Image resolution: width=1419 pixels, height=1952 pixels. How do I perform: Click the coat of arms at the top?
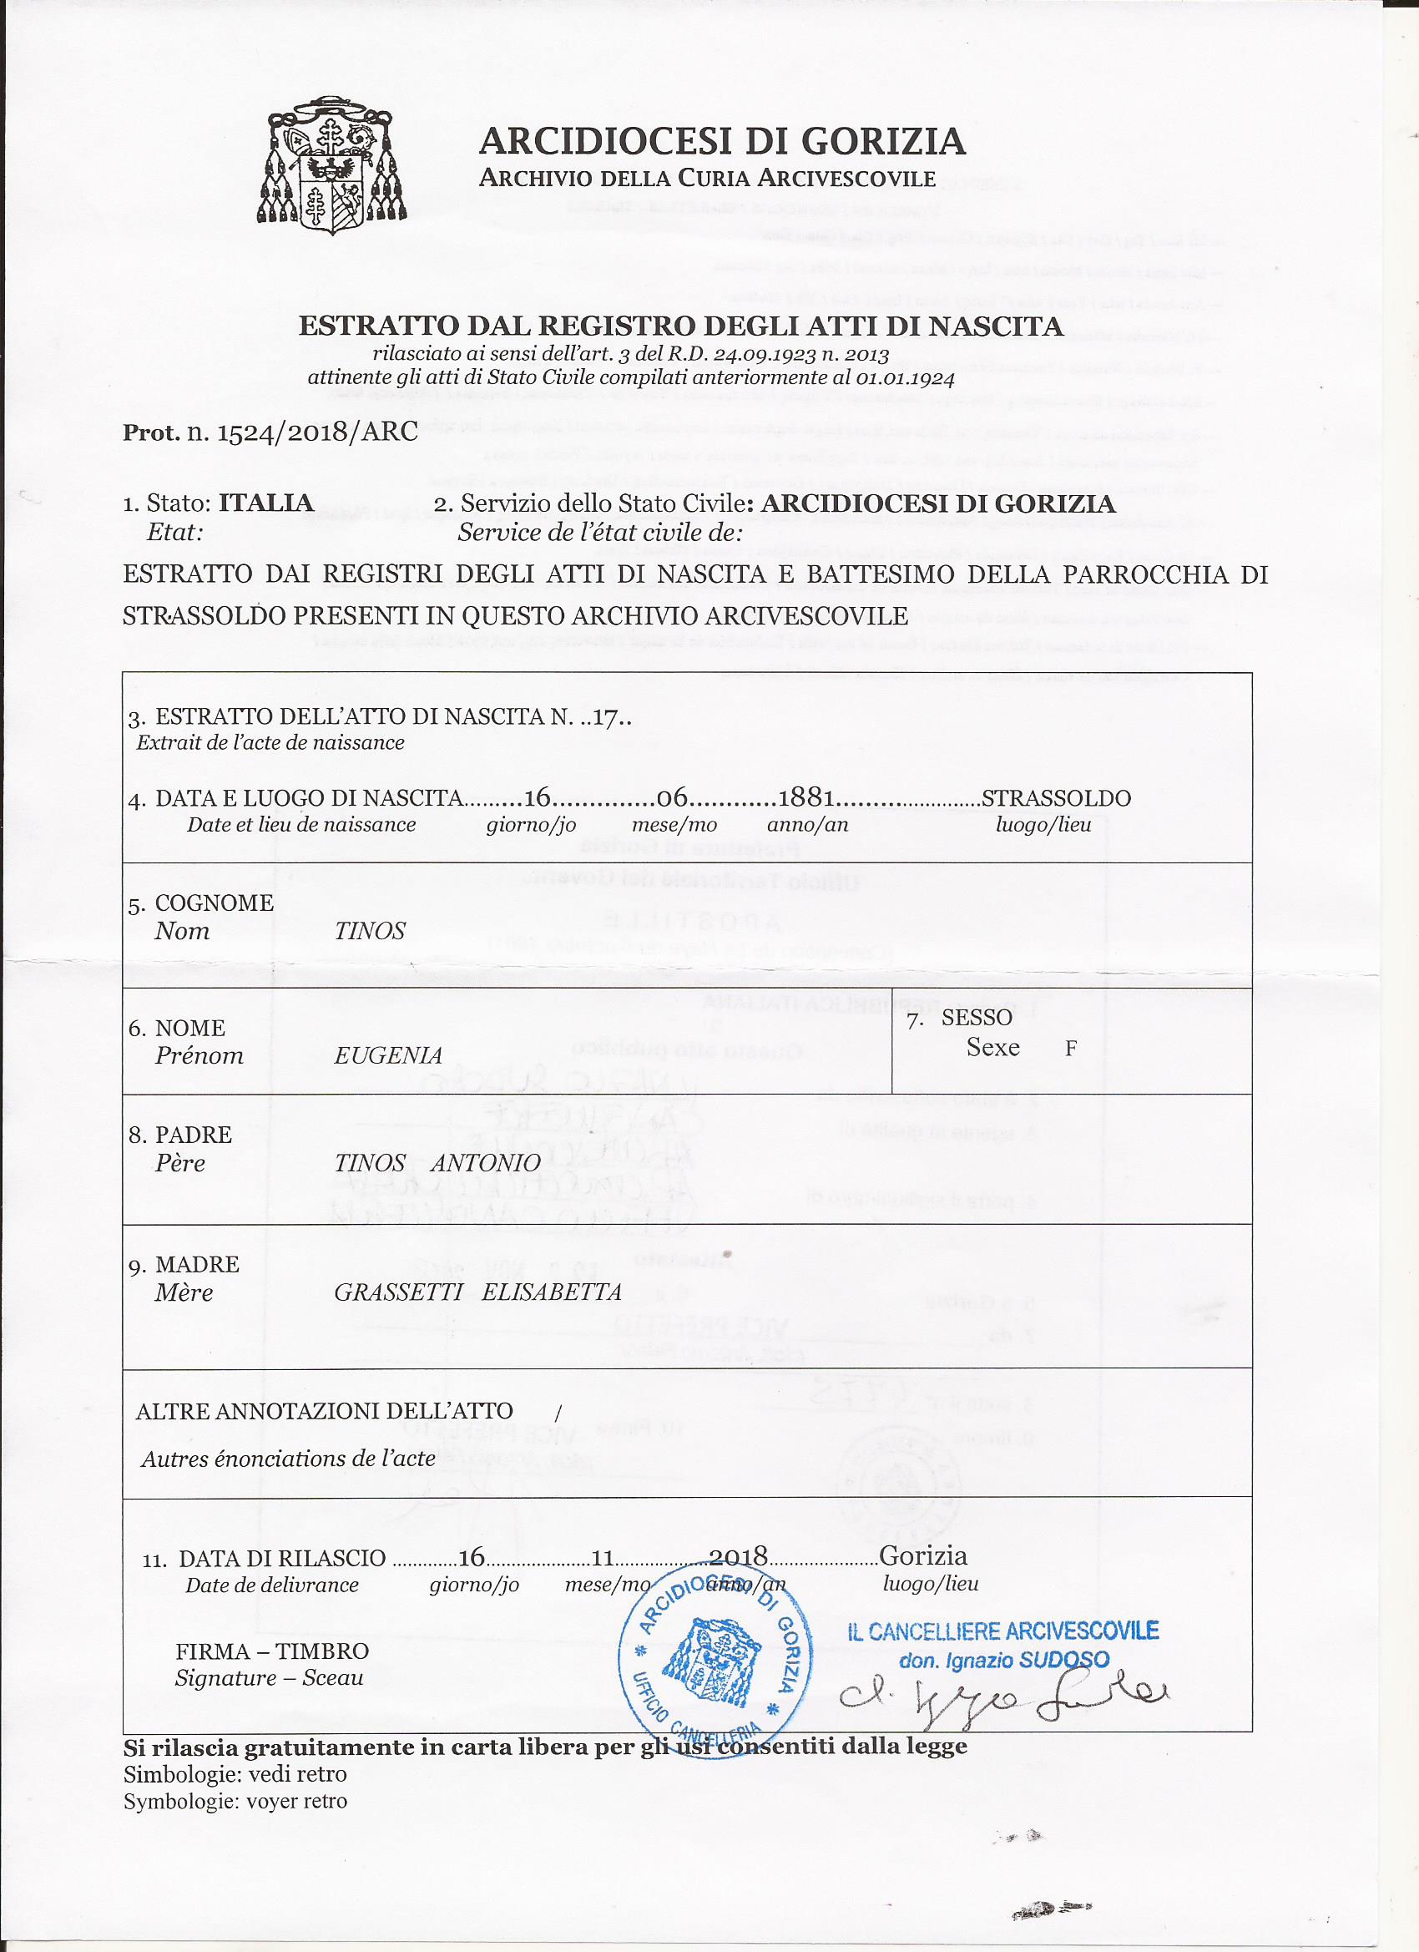pyautogui.click(x=333, y=164)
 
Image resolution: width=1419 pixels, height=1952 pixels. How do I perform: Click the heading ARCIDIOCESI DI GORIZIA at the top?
pyautogui.click(x=721, y=141)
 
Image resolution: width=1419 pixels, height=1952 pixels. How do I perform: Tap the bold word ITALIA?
pyautogui.click(x=266, y=503)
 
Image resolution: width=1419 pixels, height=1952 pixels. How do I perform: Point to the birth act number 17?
pyautogui.click(x=607, y=717)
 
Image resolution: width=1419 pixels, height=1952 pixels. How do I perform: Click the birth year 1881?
pyautogui.click(x=806, y=798)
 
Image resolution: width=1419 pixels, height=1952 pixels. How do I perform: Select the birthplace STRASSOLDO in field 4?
pyautogui.click(x=1056, y=798)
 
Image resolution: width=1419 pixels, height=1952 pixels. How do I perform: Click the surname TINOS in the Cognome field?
pyautogui.click(x=370, y=931)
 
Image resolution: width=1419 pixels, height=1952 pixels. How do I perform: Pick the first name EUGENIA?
pyautogui.click(x=388, y=1056)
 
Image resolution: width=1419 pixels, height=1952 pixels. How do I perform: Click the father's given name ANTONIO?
pyautogui.click(x=486, y=1163)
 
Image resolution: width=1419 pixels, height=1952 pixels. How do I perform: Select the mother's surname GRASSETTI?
pyautogui.click(x=398, y=1292)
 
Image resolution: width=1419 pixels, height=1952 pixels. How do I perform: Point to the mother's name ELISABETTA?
pyautogui.click(x=552, y=1292)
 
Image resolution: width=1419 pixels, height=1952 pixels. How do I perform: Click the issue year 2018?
pyautogui.click(x=739, y=1556)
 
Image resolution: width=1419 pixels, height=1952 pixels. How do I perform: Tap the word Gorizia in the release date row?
pyautogui.click(x=923, y=1555)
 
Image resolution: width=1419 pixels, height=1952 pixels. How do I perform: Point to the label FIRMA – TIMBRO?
pyautogui.click(x=272, y=1651)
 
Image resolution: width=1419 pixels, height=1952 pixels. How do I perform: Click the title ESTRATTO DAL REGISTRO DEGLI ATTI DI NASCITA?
pyautogui.click(x=680, y=326)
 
